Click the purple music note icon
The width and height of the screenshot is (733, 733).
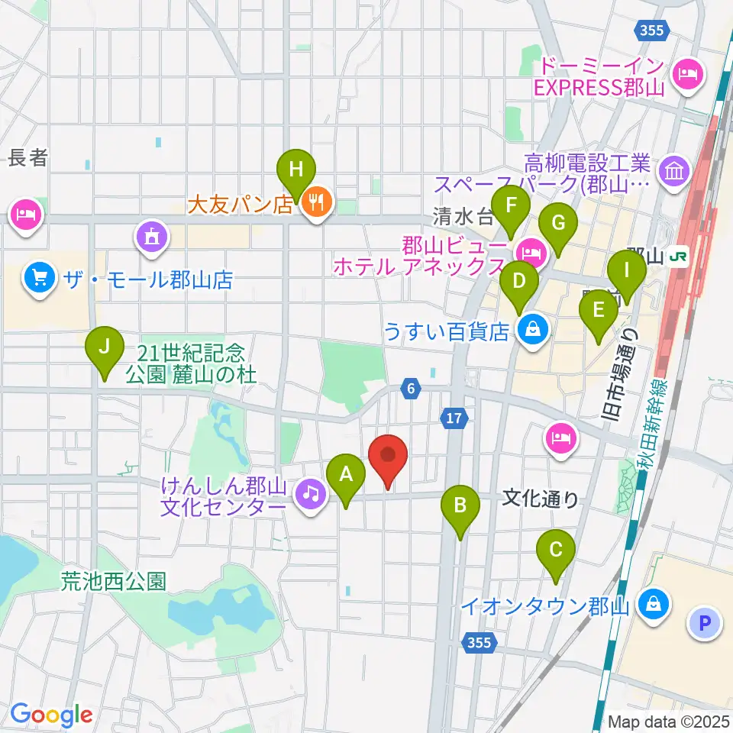coord(310,494)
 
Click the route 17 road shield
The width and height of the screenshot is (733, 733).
coord(454,417)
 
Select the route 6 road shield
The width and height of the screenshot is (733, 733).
coord(411,389)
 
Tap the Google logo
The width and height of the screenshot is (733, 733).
coord(52,715)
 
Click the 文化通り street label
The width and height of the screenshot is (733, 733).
coord(541,499)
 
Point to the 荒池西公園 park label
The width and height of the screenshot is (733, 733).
coord(114,582)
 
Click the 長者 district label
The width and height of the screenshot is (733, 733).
coord(28,158)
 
